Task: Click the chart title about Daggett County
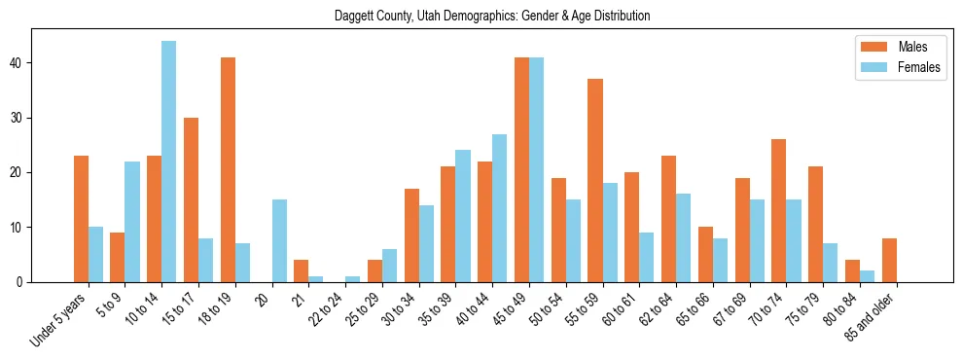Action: (491, 16)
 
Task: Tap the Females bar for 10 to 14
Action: (168, 162)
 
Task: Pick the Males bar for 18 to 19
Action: (228, 170)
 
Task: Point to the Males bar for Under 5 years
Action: (81, 219)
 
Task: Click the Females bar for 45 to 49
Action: (536, 170)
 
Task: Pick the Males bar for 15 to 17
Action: (191, 200)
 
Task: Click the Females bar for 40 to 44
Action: (499, 208)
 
